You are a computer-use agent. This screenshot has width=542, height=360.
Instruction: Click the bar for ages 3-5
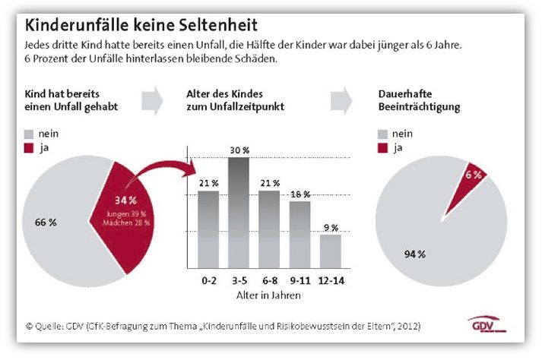pyautogui.click(x=239, y=213)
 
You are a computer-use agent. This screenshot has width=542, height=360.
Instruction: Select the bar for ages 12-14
pyautogui.click(x=331, y=251)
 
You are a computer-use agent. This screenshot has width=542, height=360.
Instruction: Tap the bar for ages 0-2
pyautogui.click(x=208, y=229)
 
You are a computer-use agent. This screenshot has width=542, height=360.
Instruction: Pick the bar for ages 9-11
pyautogui.click(x=300, y=235)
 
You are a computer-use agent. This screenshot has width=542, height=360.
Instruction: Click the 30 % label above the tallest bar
pyautogui.click(x=239, y=150)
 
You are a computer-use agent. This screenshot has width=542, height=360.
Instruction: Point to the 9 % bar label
pyautogui.click(x=331, y=228)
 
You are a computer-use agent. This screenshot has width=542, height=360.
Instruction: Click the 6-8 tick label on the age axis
pyautogui.click(x=270, y=280)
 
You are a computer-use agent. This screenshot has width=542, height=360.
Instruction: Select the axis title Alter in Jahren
pyautogui.click(x=268, y=295)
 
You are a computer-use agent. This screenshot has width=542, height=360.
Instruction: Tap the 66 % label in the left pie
pyautogui.click(x=46, y=222)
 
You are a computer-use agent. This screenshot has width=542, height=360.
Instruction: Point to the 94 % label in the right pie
pyautogui.click(x=415, y=254)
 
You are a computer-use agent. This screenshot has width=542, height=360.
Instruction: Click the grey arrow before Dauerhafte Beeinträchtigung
pyautogui.click(x=341, y=100)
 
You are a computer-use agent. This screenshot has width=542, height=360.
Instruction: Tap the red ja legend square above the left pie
pyautogui.click(x=29, y=148)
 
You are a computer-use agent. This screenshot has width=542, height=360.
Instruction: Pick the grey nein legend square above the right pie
pyautogui.click(x=382, y=134)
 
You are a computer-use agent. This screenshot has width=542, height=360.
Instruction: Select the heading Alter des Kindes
pyautogui.click(x=225, y=94)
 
